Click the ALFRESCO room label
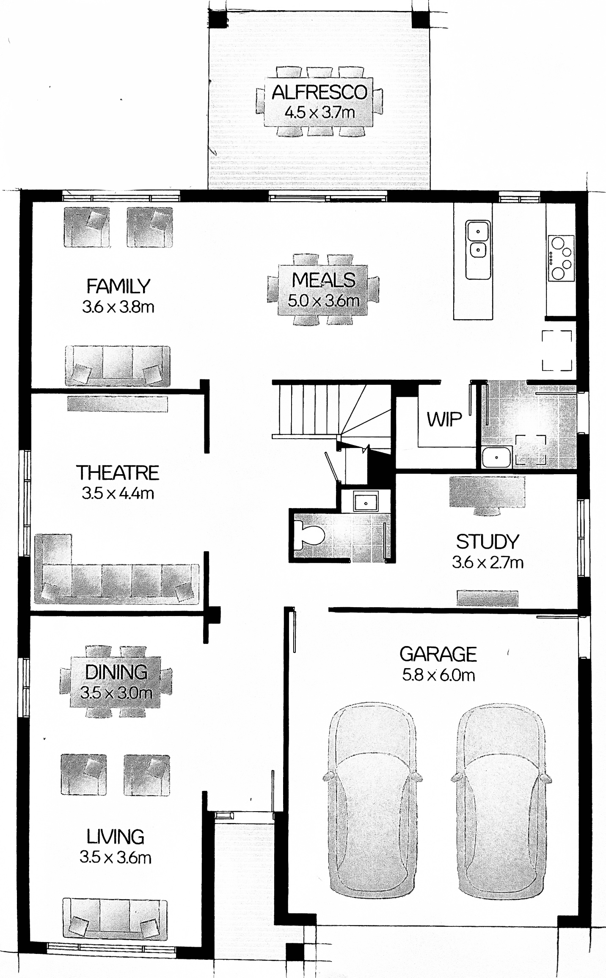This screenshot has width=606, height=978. click(x=320, y=92)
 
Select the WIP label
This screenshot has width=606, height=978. click(x=444, y=420)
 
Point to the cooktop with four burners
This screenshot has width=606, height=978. click(x=561, y=258)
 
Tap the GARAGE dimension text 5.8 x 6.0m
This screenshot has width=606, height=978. click(x=438, y=675)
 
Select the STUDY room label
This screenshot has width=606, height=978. click(x=488, y=542)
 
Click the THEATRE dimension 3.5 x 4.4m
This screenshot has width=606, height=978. click(x=118, y=493)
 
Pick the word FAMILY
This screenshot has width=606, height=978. click(x=118, y=287)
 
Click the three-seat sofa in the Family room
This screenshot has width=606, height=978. click(x=118, y=365)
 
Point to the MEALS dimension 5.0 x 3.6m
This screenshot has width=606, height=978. click(x=323, y=301)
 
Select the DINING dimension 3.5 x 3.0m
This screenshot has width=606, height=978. click(x=116, y=693)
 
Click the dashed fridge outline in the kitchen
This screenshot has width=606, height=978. click(x=557, y=351)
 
